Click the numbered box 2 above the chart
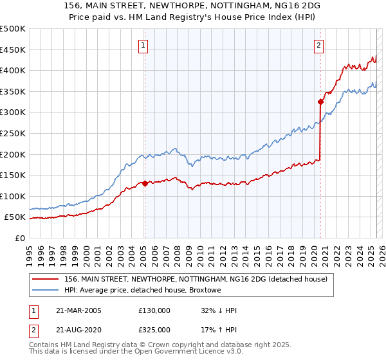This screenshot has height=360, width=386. click(x=319, y=45)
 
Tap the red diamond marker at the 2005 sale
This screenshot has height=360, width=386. click(x=145, y=183)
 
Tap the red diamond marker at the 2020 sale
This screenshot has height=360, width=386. click(x=320, y=102)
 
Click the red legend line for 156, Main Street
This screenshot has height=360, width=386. click(x=44, y=279)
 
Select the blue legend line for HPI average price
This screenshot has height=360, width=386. click(x=44, y=290)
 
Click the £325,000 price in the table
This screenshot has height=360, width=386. click(x=154, y=329)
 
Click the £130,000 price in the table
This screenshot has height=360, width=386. click(x=154, y=310)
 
